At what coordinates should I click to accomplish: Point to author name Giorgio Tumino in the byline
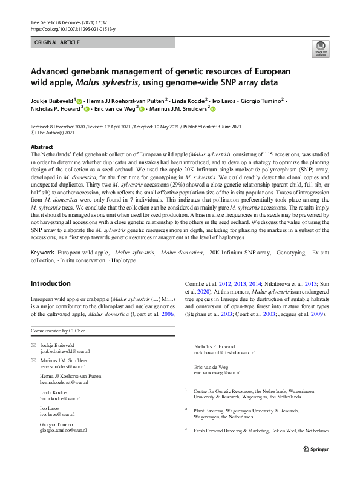pos(260,101)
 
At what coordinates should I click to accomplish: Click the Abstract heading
pos(41,147)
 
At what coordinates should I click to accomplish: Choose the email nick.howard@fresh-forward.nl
pos(224,352)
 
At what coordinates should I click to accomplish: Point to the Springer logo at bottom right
pos(315,449)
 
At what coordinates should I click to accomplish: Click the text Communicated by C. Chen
pos(58,332)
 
